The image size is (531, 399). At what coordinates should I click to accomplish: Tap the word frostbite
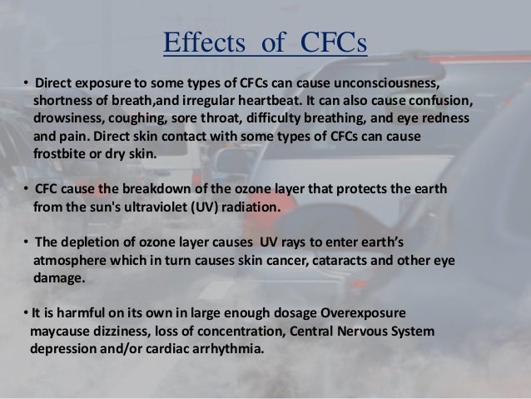pyautogui.click(x=62, y=153)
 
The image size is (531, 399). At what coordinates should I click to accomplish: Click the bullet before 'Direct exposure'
pyautogui.click(x=26, y=84)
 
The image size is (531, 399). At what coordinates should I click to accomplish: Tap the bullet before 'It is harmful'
pyautogui.click(x=25, y=313)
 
